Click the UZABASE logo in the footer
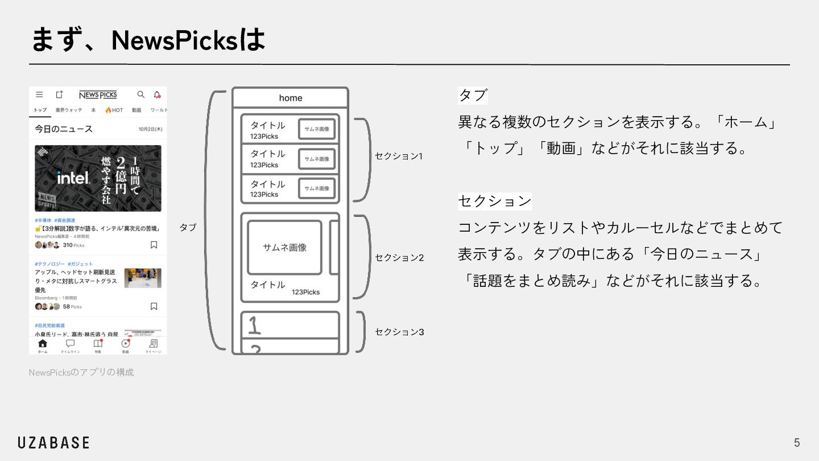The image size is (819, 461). click(x=53, y=443)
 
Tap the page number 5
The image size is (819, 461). click(x=797, y=443)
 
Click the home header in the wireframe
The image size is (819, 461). click(x=290, y=98)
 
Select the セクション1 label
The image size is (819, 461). click(x=398, y=156)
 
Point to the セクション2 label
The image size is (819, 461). click(x=399, y=257)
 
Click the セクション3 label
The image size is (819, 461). click(x=399, y=332)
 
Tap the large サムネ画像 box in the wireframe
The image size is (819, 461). click(x=284, y=248)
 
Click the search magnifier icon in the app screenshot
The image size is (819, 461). click(x=141, y=94)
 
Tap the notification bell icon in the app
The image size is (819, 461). click(x=157, y=94)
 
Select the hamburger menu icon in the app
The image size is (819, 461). click(x=39, y=94)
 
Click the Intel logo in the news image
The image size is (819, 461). click(x=73, y=178)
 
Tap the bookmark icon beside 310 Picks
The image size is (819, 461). click(x=154, y=245)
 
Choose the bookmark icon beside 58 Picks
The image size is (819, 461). click(x=154, y=306)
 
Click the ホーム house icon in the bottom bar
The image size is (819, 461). click(x=43, y=343)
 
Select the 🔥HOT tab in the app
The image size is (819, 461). click(x=114, y=110)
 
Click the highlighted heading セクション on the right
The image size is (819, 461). click(x=495, y=201)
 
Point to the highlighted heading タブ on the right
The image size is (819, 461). click(x=473, y=95)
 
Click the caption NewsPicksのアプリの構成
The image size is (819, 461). click(x=81, y=372)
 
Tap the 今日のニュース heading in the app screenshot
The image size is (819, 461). click(x=64, y=129)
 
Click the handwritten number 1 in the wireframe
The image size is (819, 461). click(x=254, y=324)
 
